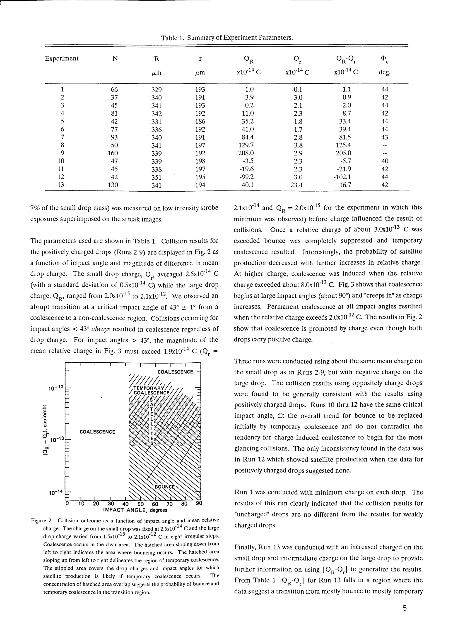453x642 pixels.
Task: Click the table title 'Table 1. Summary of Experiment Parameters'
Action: pos(227,38)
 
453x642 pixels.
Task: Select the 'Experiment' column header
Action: pos(62,58)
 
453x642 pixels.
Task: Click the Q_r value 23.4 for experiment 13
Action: pos(296,185)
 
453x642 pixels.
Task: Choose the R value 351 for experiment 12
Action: pos(157,177)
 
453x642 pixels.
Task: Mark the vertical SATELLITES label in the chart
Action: pos(152,422)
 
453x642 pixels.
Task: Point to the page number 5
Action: pos(405,616)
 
